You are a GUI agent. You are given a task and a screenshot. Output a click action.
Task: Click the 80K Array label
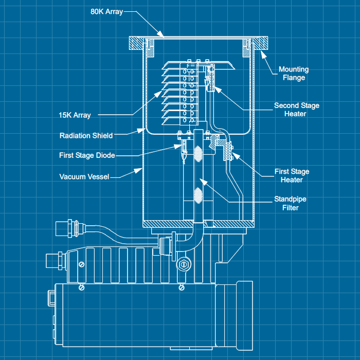pos(107,11)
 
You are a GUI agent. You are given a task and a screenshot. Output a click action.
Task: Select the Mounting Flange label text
pos(294,74)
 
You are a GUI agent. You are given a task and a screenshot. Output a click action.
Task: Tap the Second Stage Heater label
pos(296,110)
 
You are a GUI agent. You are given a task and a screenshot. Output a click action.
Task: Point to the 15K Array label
pos(75,115)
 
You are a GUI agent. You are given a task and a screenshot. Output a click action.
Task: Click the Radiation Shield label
pos(86,135)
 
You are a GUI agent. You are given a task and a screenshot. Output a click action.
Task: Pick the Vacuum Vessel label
pos(84,176)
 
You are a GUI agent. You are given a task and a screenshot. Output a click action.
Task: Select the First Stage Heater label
pos(291,176)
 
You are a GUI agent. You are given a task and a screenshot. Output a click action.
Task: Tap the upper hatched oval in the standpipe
pos(199,154)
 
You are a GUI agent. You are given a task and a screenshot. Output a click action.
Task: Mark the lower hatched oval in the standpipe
pos(199,195)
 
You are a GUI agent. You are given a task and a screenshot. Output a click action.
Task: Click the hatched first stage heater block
pos(227,152)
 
